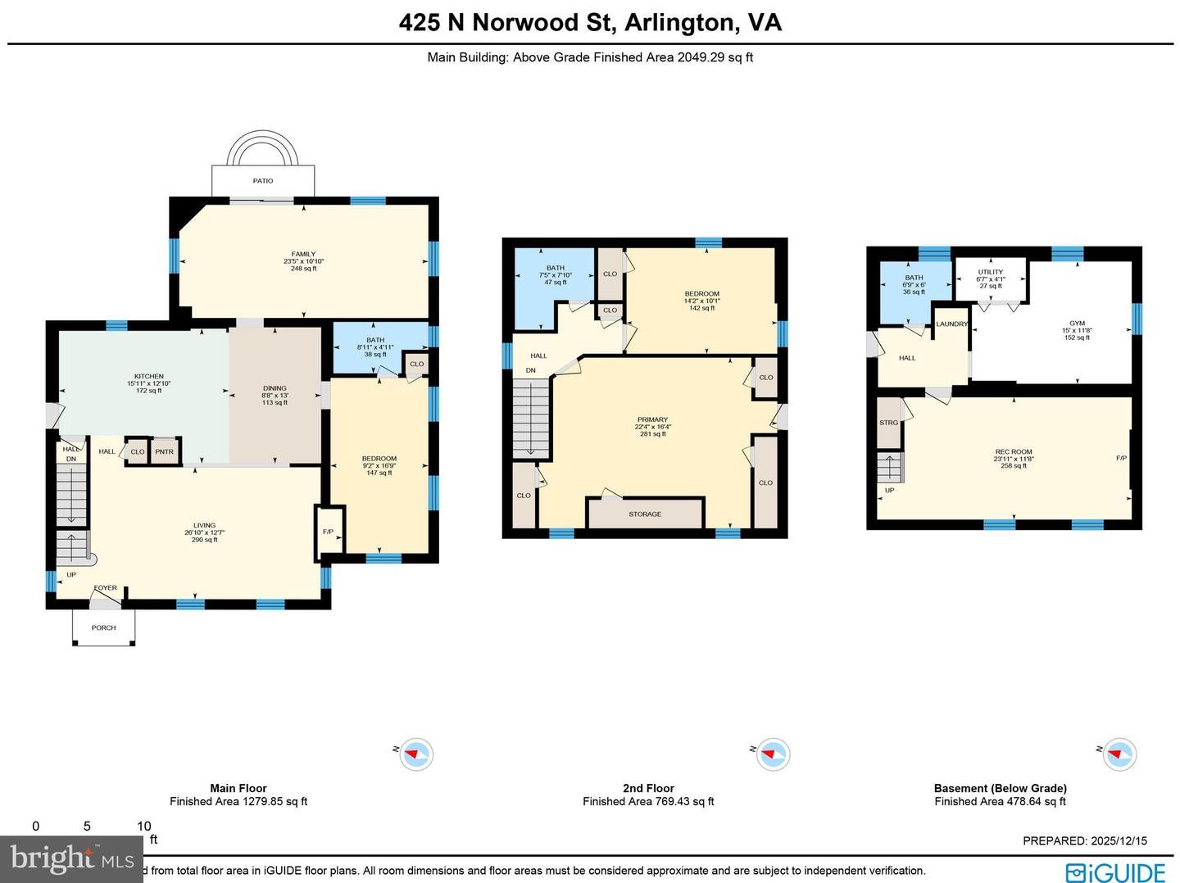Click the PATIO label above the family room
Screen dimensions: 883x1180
click(x=263, y=180)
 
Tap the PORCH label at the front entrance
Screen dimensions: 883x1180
click(x=103, y=627)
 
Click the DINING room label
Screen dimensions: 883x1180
click(x=275, y=388)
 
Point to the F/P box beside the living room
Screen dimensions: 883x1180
click(x=329, y=532)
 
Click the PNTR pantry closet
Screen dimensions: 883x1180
click(x=164, y=451)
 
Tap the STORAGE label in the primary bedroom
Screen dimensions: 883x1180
click(x=645, y=514)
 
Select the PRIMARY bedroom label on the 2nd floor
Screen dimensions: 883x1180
click(x=652, y=420)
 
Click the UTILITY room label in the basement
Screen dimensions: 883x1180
click(x=990, y=273)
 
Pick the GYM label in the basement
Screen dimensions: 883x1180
click(x=1076, y=324)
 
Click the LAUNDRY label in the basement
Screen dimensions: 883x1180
click(x=951, y=324)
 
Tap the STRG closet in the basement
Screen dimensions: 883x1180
click(x=888, y=423)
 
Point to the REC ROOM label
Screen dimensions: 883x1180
click(x=1014, y=452)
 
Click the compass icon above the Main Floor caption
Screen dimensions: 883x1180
click(x=415, y=754)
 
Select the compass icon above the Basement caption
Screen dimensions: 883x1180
click(x=1119, y=754)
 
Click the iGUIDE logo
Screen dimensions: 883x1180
click(x=1115, y=872)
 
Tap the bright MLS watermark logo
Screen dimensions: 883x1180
click(x=71, y=859)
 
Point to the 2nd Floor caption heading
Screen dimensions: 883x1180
click(x=648, y=788)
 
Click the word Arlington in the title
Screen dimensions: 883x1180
click(x=678, y=22)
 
